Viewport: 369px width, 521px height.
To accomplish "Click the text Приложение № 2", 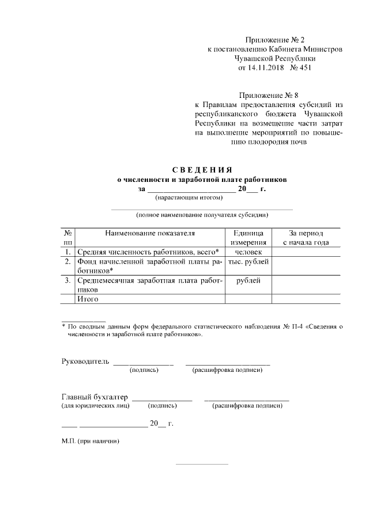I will click(274, 40).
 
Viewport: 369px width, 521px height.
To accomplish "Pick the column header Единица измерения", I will click(248, 238).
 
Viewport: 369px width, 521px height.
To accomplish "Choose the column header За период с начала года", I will click(306, 238).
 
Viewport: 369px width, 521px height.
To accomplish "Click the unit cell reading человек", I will click(248, 252).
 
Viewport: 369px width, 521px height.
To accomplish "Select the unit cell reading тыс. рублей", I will click(248, 262).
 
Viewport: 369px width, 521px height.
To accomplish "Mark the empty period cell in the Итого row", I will click(306, 299).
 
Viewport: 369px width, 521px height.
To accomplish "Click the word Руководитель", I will click(85, 361).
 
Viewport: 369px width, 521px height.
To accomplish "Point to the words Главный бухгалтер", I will click(95, 397).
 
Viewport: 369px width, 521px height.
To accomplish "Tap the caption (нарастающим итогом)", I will click(189, 198).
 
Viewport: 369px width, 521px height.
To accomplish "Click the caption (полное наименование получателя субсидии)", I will click(202, 215).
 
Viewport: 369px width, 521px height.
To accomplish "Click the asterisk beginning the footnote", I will click(63, 326).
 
